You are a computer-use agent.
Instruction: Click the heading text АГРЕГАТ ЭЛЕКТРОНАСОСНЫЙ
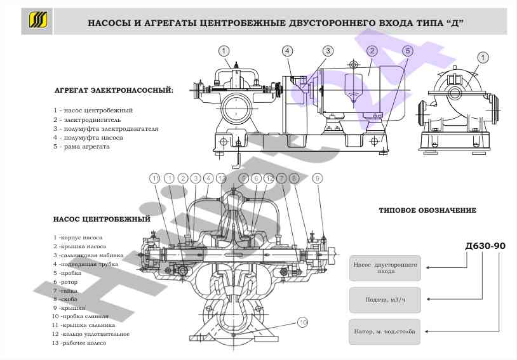click(x=114, y=90)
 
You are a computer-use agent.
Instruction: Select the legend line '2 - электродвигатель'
click(x=87, y=119)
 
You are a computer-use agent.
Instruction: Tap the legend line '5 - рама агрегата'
click(x=82, y=146)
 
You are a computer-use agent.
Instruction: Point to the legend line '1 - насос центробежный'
click(x=93, y=110)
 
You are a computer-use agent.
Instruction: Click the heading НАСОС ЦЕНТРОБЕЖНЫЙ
click(x=102, y=219)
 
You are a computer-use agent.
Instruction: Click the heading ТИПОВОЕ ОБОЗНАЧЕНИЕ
click(x=427, y=210)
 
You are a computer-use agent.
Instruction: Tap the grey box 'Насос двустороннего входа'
click(x=385, y=267)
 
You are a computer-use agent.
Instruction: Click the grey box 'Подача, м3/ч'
click(x=385, y=300)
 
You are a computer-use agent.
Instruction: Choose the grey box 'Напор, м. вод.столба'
click(x=385, y=331)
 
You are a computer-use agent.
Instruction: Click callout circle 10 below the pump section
click(x=302, y=323)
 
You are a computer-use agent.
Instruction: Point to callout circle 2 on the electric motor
click(x=372, y=51)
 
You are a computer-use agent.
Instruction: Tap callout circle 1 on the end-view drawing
click(x=483, y=58)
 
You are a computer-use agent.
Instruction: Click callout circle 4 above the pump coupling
click(x=288, y=51)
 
